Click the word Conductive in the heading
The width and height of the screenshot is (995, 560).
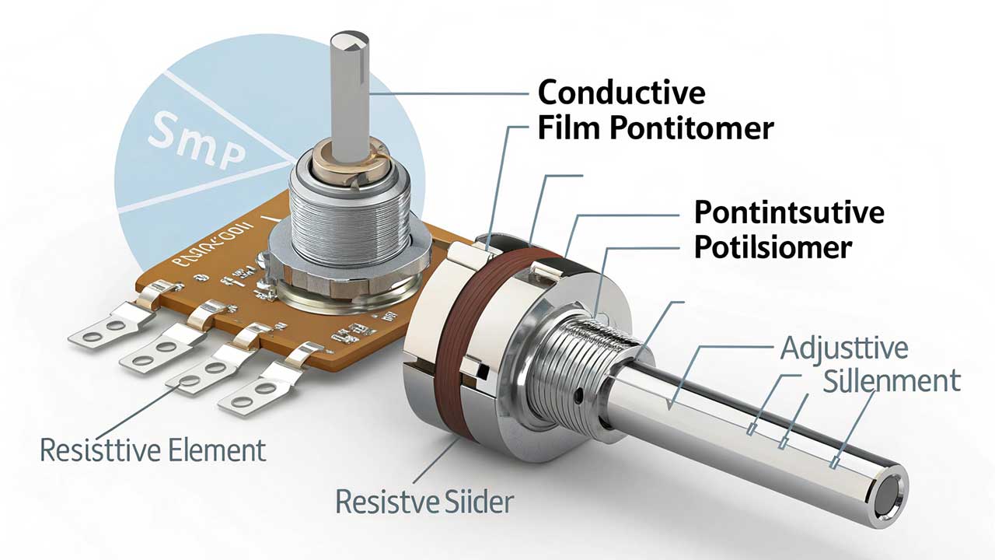(x=621, y=93)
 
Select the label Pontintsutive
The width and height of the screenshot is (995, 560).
(x=788, y=212)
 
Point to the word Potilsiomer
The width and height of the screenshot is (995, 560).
(x=772, y=247)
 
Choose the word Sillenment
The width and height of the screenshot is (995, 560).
(x=891, y=382)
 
